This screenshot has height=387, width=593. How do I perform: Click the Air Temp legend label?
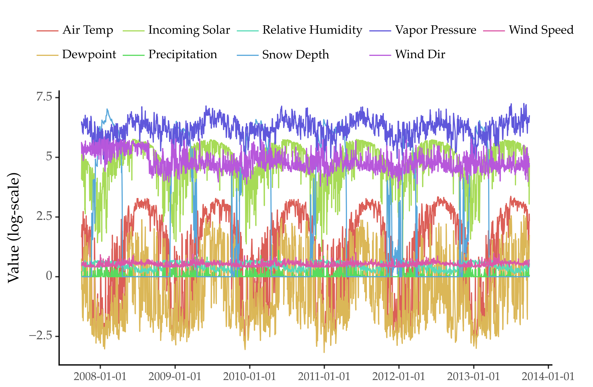(88, 30)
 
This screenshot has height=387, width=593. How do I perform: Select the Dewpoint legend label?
(89, 54)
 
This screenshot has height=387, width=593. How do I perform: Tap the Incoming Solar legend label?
(189, 30)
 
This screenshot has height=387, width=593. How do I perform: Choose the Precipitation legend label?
(183, 54)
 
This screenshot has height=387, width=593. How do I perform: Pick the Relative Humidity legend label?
(312, 30)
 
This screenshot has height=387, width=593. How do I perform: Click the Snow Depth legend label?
(296, 55)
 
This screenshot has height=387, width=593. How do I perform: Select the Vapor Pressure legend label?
(436, 30)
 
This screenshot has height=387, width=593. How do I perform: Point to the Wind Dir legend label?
(420, 54)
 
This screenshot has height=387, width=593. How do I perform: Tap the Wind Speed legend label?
(541, 30)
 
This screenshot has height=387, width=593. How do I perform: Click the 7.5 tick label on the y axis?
(44, 97)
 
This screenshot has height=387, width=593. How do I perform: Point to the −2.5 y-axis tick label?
(40, 336)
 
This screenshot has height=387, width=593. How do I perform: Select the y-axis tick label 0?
(49, 276)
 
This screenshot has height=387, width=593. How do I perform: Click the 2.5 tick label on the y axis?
(44, 216)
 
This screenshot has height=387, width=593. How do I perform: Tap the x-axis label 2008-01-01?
(100, 377)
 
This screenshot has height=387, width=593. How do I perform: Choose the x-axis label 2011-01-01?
(324, 377)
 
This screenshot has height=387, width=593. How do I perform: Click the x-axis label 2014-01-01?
(548, 377)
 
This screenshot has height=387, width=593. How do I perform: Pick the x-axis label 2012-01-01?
(399, 377)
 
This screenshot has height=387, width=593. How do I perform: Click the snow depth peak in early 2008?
(107, 109)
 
